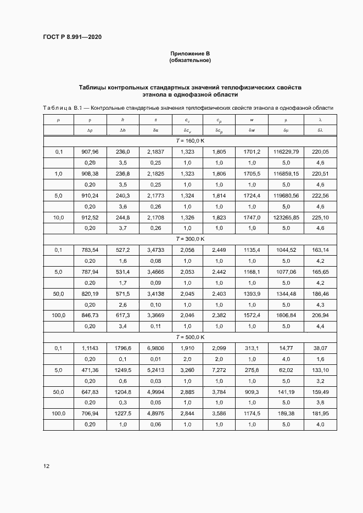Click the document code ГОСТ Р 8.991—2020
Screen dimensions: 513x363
coord(72,37)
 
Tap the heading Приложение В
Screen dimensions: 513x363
coord(190,53)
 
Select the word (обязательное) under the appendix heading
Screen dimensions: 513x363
coord(190,60)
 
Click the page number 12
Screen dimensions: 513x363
coord(47,466)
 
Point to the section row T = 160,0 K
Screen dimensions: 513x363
coord(190,140)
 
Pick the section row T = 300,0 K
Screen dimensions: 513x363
coord(190,239)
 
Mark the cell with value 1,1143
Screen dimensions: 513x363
coord(90,348)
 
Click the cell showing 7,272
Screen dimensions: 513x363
coord(219,370)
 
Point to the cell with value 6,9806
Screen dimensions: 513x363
coord(155,348)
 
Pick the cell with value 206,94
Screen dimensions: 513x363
coord(320,315)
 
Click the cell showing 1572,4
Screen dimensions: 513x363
coord(252,315)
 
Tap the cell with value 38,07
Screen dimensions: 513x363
coord(320,348)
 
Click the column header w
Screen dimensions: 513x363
coord(252,120)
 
